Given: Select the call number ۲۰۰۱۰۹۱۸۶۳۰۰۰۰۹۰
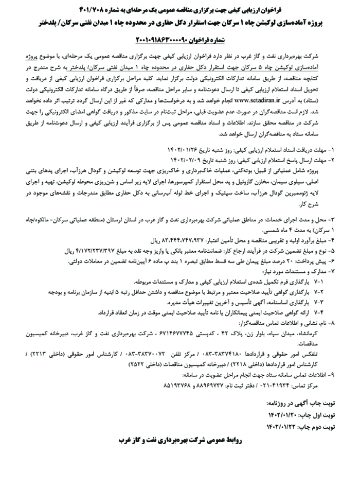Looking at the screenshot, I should pos(171,40).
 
